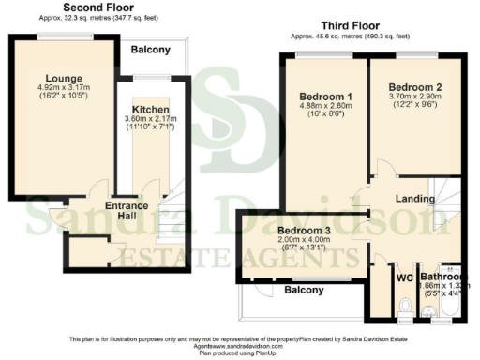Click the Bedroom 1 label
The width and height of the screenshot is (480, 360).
325,97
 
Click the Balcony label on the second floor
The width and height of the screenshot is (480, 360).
150,49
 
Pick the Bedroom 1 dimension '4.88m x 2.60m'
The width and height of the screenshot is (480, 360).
326,108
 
